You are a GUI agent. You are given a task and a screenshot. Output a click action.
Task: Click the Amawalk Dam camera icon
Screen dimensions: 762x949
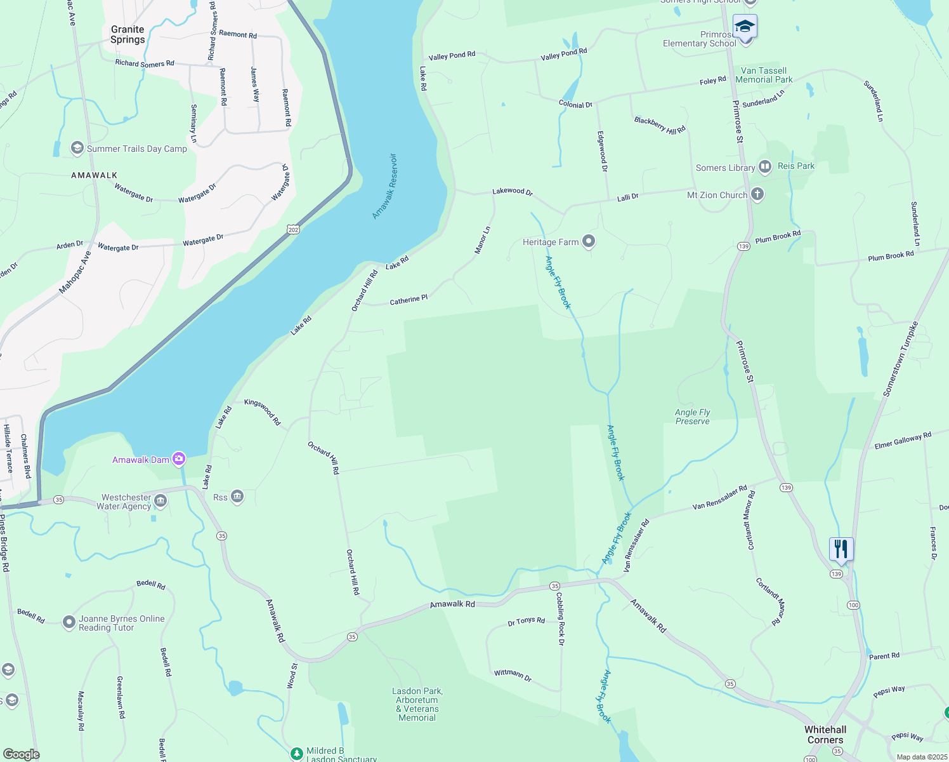pyautogui.click(x=179, y=458)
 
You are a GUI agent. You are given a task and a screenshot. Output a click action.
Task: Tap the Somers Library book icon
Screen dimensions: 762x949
pyautogui.click(x=765, y=167)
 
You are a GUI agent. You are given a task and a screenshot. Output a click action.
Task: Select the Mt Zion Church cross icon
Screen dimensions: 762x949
pyautogui.click(x=757, y=194)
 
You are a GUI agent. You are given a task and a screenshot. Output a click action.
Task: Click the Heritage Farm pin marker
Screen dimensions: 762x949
pyautogui.click(x=589, y=241)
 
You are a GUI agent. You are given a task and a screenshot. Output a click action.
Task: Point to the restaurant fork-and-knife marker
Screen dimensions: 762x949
pyautogui.click(x=841, y=549)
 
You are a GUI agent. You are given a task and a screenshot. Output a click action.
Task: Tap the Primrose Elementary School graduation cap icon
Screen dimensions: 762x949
pyautogui.click(x=745, y=27)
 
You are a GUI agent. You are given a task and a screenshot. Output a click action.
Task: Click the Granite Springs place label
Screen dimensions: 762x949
pyautogui.click(x=128, y=34)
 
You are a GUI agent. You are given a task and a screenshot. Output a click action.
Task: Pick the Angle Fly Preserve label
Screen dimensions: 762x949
pyautogui.click(x=693, y=417)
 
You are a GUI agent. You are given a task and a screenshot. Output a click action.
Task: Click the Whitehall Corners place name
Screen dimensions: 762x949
pyautogui.click(x=825, y=735)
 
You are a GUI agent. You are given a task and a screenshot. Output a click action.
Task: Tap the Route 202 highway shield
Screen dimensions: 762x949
pyautogui.click(x=293, y=229)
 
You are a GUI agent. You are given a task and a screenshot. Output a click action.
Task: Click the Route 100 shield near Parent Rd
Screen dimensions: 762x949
pyautogui.click(x=853, y=605)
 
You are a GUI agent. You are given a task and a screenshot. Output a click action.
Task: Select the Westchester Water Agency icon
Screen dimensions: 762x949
pyautogui.click(x=160, y=502)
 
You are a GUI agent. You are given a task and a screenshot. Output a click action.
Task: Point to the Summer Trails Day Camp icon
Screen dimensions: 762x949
pyautogui.click(x=77, y=149)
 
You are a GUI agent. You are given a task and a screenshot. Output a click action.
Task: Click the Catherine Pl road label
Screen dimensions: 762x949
pyautogui.click(x=409, y=299)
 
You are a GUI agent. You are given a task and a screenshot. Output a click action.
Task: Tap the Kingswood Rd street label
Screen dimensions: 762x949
pyautogui.click(x=263, y=411)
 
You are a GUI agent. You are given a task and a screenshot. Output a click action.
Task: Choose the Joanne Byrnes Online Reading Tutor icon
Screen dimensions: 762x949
pyautogui.click(x=69, y=622)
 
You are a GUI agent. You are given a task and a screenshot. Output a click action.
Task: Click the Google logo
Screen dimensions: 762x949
pyautogui.click(x=22, y=754)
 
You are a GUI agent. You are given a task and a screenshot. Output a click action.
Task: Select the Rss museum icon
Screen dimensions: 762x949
pyautogui.click(x=237, y=497)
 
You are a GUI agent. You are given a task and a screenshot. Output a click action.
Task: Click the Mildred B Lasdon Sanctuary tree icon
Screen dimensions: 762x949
pyautogui.click(x=296, y=754)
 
